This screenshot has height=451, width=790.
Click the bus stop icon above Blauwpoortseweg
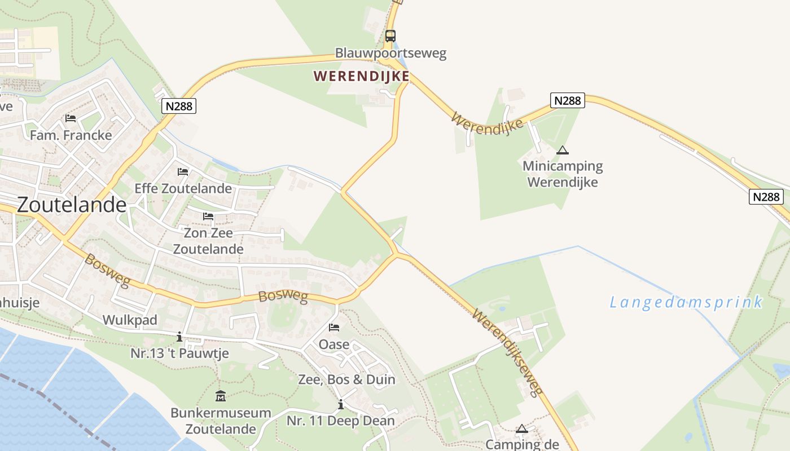[x=390, y=36]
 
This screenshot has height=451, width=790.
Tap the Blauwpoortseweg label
[x=390, y=54]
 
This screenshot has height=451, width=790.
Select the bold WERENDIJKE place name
[x=361, y=76]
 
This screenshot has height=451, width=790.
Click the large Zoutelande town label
[x=72, y=205]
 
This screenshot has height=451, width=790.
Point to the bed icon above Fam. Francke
[x=71, y=118]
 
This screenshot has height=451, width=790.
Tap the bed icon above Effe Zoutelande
[x=183, y=171]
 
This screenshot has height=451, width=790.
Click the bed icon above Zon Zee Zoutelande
[x=208, y=216]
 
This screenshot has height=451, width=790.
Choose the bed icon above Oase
[x=334, y=327]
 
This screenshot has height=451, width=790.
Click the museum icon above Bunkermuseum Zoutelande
[x=221, y=396]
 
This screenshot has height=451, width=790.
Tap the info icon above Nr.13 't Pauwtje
[x=179, y=337]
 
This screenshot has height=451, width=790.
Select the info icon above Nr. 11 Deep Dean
[x=340, y=404]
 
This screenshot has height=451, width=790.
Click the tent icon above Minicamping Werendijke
[x=562, y=150]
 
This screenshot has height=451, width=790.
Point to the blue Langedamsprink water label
[x=686, y=302]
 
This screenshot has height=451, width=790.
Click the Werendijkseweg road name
[x=507, y=352]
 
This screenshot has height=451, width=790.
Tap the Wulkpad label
[x=130, y=320]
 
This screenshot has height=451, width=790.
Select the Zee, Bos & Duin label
[x=346, y=379]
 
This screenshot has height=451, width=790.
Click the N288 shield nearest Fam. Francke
[x=179, y=106]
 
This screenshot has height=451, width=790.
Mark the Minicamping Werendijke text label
[x=563, y=174]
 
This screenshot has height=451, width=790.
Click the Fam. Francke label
[x=71, y=135]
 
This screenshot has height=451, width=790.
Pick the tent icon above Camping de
[x=522, y=428]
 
